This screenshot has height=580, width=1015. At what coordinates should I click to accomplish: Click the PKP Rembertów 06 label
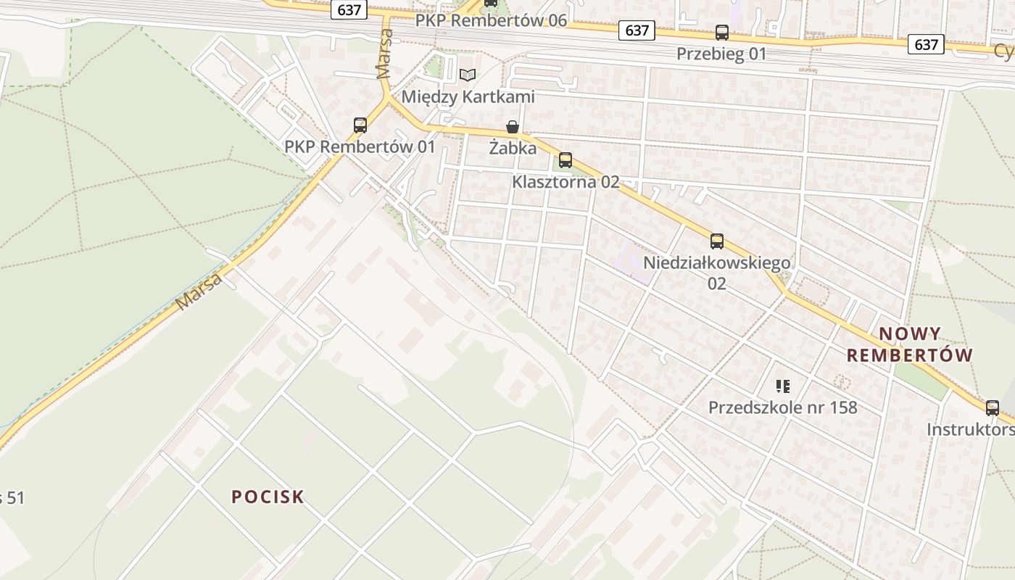491,20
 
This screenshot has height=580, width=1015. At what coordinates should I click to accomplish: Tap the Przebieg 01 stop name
721,54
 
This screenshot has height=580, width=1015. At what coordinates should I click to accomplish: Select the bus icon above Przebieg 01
722,33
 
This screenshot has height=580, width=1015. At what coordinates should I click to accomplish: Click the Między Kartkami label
468,96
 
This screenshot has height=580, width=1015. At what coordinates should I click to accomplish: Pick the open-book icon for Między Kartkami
468,75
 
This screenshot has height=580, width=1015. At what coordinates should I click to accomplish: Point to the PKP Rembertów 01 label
360,146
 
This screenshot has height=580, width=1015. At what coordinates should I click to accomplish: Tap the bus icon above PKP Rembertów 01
360,125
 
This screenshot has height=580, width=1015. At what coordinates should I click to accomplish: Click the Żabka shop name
513,149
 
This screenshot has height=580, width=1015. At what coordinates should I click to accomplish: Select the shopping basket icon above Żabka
513,128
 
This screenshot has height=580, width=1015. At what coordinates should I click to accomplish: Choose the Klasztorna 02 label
565,182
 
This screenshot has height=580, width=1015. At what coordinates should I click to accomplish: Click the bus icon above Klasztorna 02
565,160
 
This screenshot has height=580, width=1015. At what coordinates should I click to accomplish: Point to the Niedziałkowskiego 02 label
716,273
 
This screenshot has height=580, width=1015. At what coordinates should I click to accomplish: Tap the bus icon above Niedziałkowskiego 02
717,241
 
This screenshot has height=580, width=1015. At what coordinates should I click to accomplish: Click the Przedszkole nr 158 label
782,407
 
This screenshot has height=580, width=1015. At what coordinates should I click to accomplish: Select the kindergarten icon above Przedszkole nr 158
782,386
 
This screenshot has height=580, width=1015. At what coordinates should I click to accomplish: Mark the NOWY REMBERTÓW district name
910,344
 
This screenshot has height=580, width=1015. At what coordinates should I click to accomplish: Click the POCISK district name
268,497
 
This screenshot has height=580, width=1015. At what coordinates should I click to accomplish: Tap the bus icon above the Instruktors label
993,408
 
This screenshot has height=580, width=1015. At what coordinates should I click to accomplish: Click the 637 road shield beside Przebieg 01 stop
637,30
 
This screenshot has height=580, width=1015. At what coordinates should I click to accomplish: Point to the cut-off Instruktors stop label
971,430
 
